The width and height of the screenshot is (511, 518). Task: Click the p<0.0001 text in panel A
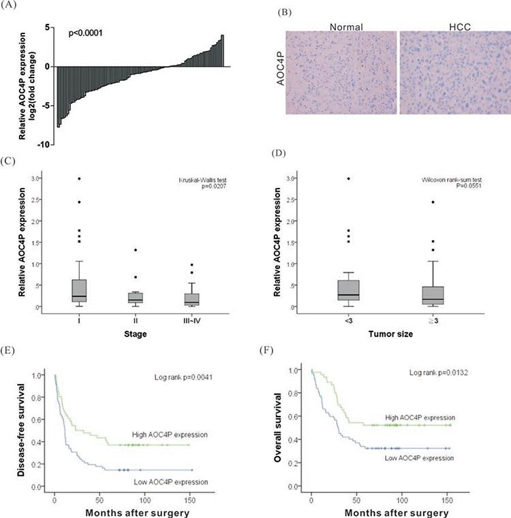tap(89, 32)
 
